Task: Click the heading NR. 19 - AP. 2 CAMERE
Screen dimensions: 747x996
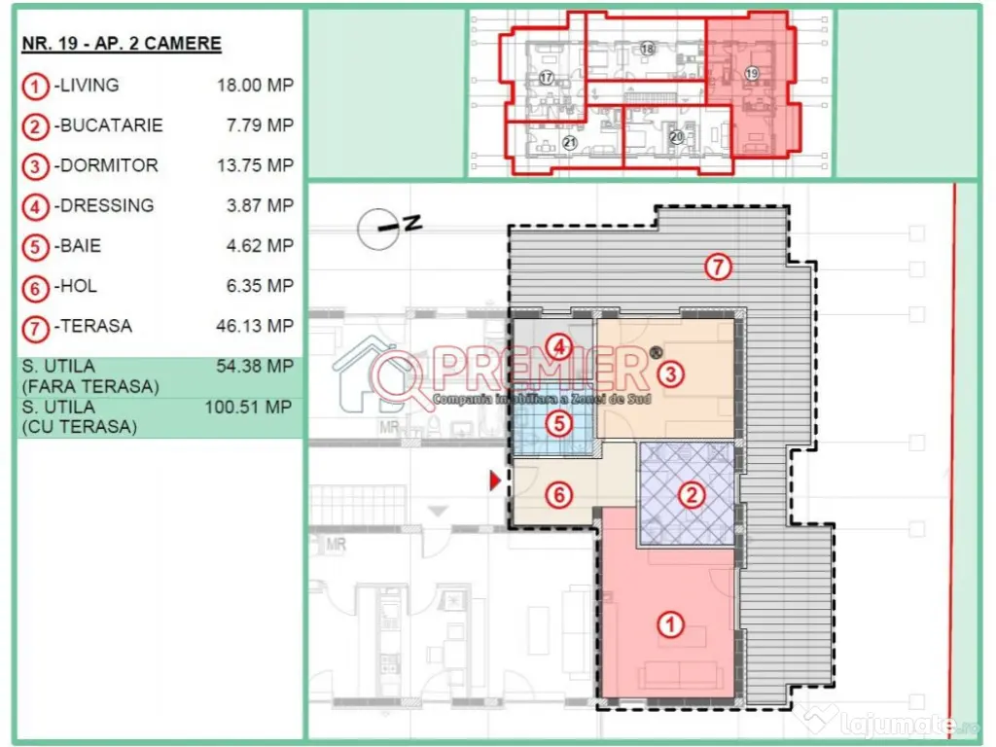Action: tap(122, 44)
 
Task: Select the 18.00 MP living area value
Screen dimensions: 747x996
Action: tap(255, 86)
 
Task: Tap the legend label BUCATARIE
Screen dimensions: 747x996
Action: tap(108, 125)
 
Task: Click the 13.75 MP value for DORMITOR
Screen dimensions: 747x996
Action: tap(255, 165)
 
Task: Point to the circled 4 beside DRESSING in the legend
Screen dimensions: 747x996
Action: tap(35, 206)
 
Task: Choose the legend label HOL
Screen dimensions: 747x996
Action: tap(75, 286)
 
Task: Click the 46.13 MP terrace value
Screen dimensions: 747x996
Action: tap(255, 327)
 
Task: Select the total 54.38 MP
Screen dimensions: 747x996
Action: tap(255, 367)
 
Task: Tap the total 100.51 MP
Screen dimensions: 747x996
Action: tap(249, 408)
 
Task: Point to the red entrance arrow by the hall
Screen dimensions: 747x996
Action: tap(496, 480)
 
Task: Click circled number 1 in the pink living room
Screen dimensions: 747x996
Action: tap(670, 625)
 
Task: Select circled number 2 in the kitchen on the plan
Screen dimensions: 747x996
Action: tap(692, 495)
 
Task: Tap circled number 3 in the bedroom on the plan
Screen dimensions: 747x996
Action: tap(669, 373)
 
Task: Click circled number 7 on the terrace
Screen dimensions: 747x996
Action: tap(718, 267)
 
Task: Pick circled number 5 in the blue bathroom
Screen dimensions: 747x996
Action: tap(556, 423)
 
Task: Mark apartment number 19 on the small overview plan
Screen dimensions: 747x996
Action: tap(751, 74)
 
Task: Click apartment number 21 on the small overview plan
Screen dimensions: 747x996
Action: tap(570, 143)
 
